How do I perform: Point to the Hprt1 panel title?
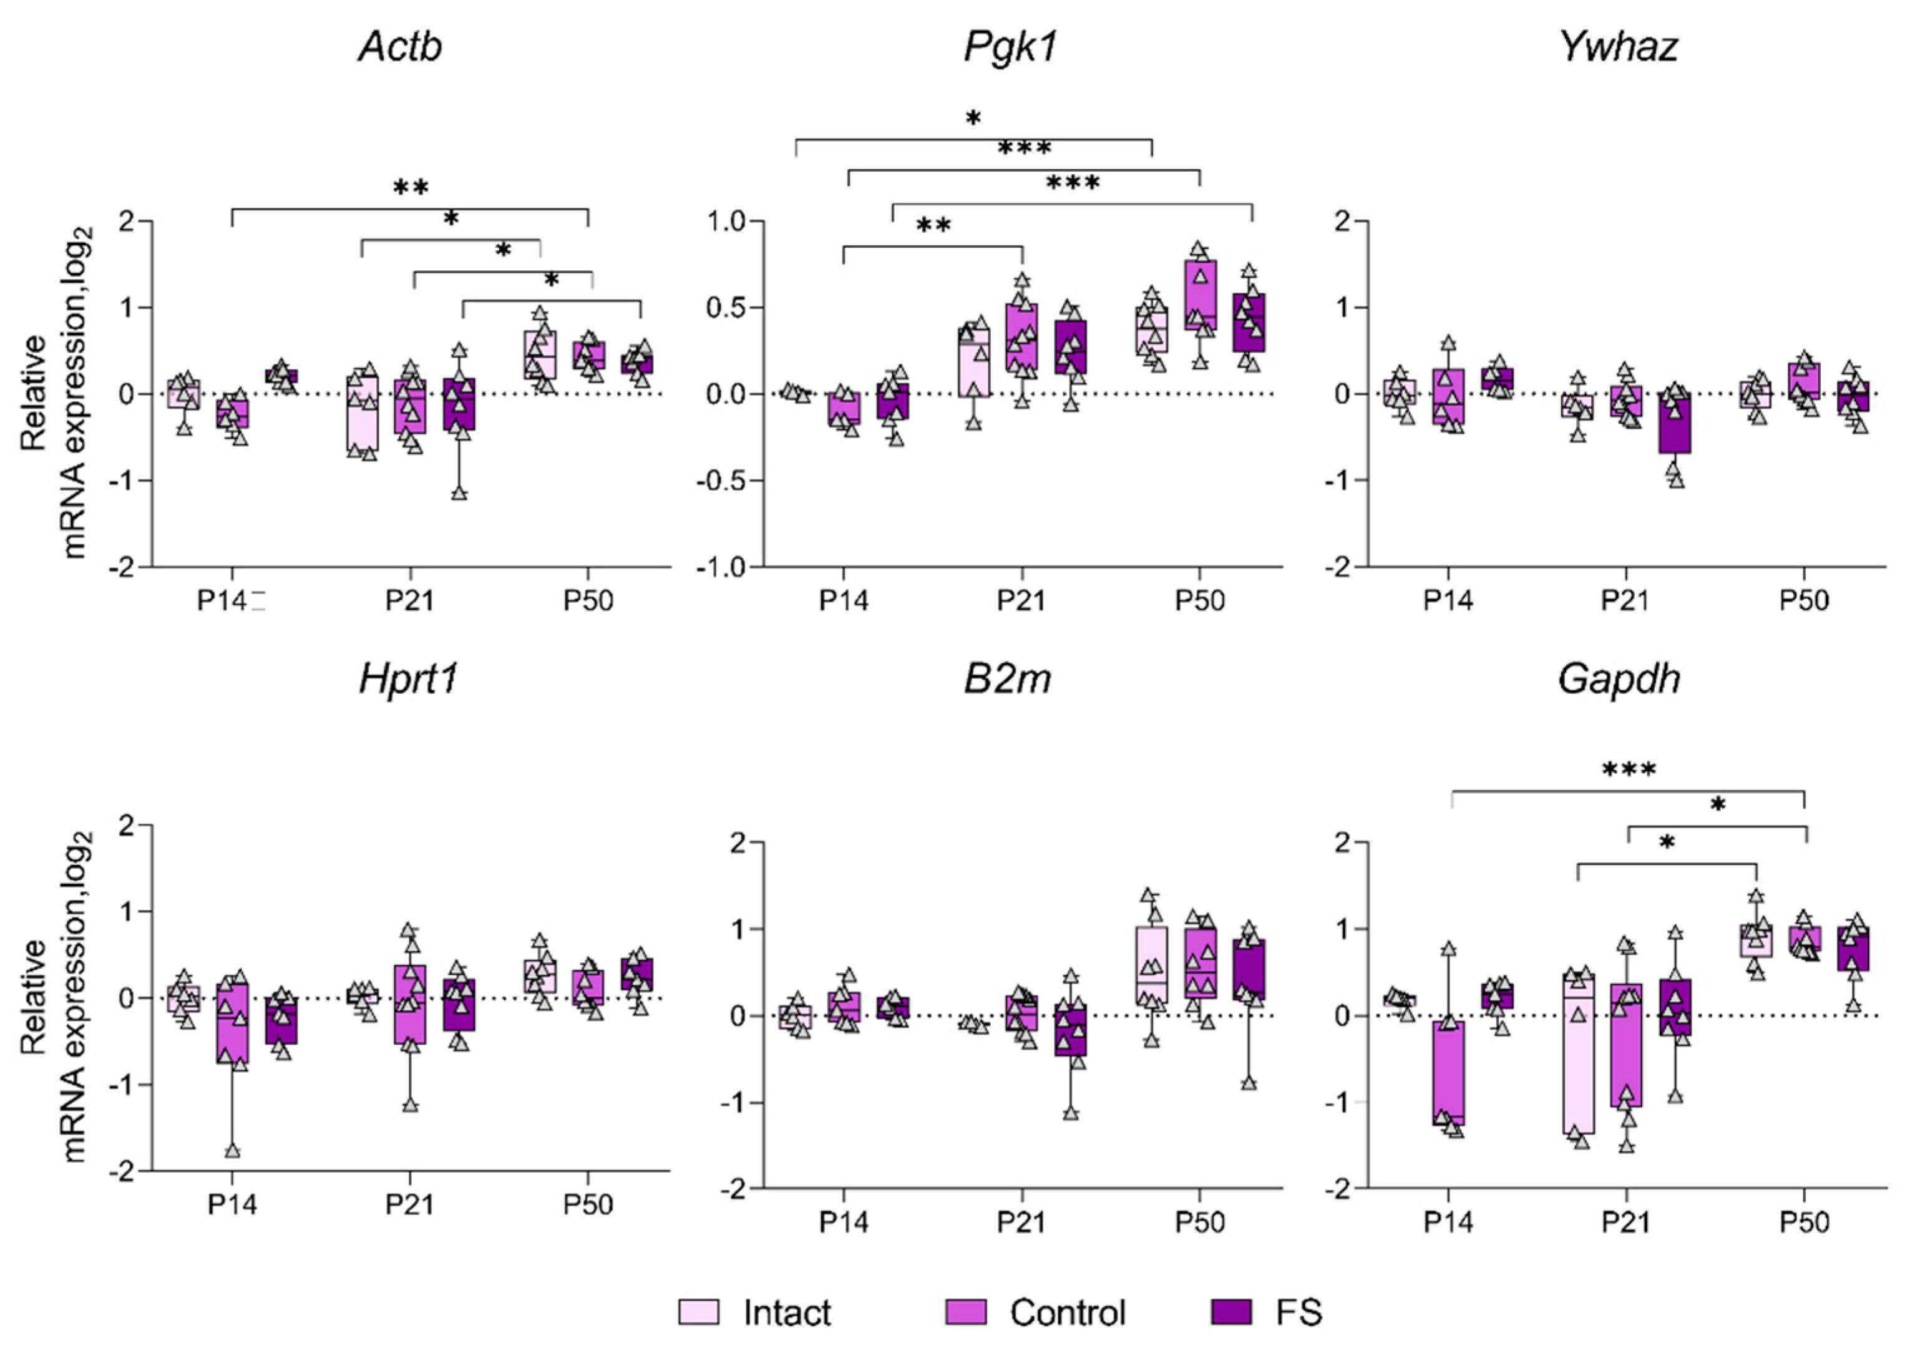408,680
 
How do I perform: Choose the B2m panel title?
1007,680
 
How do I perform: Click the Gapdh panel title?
1619,680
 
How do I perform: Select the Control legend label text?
1067,1312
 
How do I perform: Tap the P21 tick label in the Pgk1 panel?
1021,600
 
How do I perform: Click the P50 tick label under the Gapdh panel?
1804,1222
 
